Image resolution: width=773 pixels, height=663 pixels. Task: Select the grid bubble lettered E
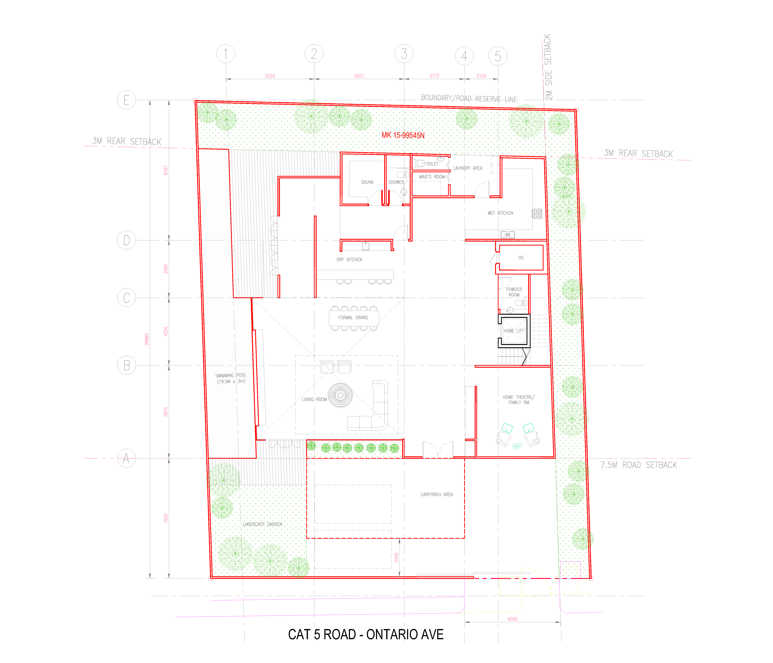click(x=126, y=100)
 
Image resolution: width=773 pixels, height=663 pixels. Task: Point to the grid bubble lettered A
click(x=126, y=458)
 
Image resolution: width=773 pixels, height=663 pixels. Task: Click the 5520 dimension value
click(x=270, y=76)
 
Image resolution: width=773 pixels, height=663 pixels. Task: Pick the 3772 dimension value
click(x=434, y=76)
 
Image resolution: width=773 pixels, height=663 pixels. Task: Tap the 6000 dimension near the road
click(x=512, y=619)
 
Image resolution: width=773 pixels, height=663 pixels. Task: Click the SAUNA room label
click(x=367, y=182)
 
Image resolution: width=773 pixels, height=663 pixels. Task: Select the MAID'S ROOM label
click(x=432, y=177)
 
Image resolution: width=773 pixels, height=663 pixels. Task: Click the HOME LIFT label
click(x=514, y=331)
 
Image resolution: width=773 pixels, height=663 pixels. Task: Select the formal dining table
click(x=354, y=318)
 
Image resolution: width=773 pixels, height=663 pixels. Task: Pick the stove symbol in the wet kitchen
click(x=537, y=213)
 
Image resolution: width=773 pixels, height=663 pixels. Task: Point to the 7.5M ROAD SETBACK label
click(x=639, y=465)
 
